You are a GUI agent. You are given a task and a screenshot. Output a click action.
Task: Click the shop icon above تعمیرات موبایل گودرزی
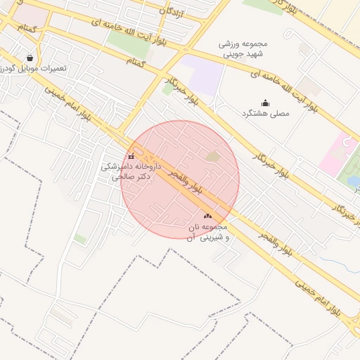(x=30, y=58)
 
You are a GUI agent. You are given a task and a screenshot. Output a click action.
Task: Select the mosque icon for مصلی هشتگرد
(x=265, y=103)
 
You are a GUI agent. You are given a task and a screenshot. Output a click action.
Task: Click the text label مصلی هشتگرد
(x=265, y=114)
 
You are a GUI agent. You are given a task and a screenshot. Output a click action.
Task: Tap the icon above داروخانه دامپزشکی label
(x=131, y=156)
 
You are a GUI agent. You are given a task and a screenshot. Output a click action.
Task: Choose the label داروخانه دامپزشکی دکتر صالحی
(x=131, y=172)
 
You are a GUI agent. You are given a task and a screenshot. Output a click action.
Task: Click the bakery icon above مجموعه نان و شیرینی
(x=207, y=217)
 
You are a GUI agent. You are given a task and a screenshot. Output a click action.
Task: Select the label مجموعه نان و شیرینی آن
(x=208, y=233)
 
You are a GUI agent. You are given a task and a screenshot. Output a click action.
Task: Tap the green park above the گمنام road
(x=129, y=44)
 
